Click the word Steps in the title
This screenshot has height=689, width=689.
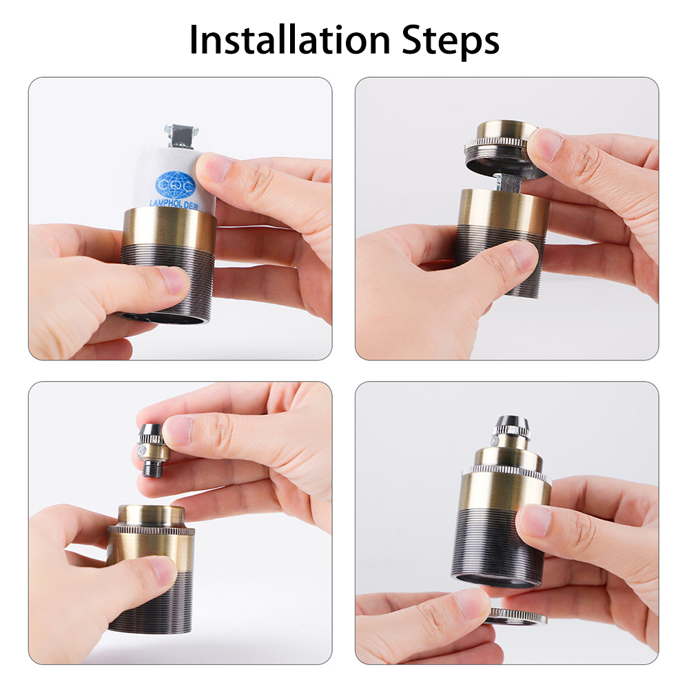[451, 41]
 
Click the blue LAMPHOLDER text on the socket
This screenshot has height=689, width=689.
[174, 205]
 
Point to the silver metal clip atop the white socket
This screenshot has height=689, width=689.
[181, 135]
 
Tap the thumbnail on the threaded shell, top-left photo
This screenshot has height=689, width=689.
[173, 280]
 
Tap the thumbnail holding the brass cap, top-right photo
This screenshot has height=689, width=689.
[544, 145]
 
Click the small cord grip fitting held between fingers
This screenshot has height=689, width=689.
[152, 449]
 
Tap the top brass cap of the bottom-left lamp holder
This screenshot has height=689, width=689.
[152, 515]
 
